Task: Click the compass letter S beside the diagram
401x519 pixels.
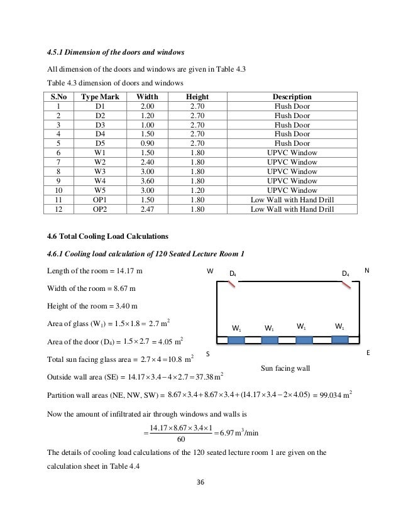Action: [x=208, y=354]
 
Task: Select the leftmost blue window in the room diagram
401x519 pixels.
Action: [x=236, y=340]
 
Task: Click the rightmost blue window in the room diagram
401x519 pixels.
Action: [x=339, y=340]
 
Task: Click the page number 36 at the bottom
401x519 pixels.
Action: [x=200, y=483]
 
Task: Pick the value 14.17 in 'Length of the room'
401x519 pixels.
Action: [x=128, y=271]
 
